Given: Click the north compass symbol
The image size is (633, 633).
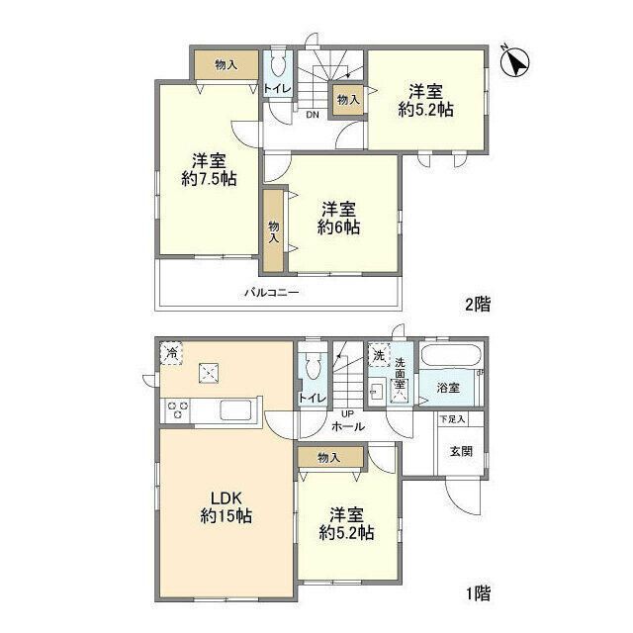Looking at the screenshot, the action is tap(514, 61).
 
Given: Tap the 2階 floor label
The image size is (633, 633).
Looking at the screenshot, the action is tap(478, 304).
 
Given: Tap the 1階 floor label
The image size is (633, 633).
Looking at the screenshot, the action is tap(479, 593).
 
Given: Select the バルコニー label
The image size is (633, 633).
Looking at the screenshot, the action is tap(272, 293).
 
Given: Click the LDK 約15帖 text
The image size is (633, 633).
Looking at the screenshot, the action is tap(226, 507).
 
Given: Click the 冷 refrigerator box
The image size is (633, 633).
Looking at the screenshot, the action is tap(171, 354).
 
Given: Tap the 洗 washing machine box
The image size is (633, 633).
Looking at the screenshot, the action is tap(379, 355).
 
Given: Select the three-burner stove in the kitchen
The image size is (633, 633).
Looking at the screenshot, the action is tap(178, 408).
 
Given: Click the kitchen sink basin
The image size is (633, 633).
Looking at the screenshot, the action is tap(235, 410).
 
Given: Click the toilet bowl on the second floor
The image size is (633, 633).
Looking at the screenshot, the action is tap(277, 64).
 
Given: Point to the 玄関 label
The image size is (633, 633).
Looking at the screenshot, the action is tap(461, 451).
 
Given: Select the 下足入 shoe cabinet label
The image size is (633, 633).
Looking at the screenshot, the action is tap(453, 419).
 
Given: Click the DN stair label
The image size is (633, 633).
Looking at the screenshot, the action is tap(313, 115).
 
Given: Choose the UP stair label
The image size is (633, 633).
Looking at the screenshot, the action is tap(347, 414).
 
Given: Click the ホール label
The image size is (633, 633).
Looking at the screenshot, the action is tap(348, 426).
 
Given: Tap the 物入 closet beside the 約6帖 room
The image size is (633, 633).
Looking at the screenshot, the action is tap(274, 230).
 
